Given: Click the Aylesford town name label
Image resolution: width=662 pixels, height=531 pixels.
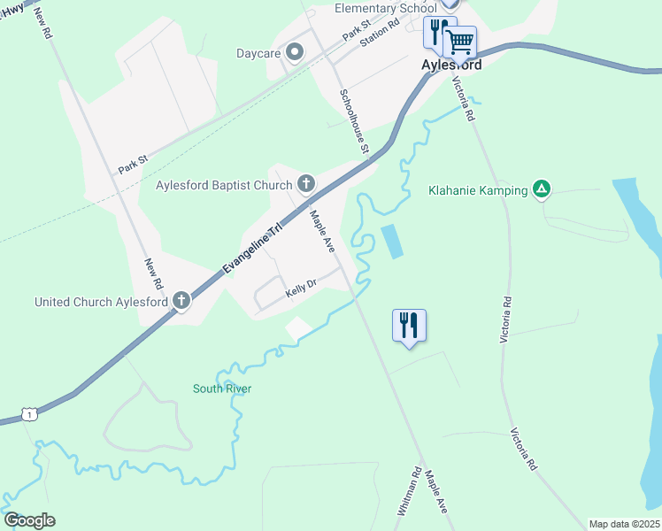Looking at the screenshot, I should (x=451, y=65).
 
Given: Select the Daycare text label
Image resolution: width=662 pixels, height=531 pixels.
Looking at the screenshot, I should (x=258, y=54).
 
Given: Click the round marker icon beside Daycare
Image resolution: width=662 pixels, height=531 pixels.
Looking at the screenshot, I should (x=296, y=53).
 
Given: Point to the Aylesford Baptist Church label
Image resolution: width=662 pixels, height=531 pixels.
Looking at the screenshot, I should (x=224, y=185).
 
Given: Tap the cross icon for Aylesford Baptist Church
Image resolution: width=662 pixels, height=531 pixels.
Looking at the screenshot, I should (x=306, y=184).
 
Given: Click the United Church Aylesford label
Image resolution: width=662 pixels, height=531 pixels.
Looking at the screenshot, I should (x=102, y=302).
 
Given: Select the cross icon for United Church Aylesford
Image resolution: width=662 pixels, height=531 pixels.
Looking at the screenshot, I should (x=181, y=301).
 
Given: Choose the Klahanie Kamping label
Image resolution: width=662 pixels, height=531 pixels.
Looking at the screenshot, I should (x=478, y=189).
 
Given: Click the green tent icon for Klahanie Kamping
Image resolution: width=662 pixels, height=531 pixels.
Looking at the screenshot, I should (x=542, y=189).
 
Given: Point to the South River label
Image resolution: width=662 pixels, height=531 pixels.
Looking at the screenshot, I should (x=222, y=389).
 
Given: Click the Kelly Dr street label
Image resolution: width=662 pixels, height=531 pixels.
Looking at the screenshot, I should (x=301, y=290).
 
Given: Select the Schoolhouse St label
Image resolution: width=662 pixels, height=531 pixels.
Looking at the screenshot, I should (x=353, y=120).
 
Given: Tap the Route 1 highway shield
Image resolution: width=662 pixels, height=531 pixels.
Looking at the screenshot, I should (x=31, y=415).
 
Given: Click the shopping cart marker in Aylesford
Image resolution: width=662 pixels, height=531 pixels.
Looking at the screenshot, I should (x=459, y=41).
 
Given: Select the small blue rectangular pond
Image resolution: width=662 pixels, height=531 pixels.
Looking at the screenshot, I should (x=391, y=241).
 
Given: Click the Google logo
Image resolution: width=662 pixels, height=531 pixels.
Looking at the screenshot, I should (x=29, y=520).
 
